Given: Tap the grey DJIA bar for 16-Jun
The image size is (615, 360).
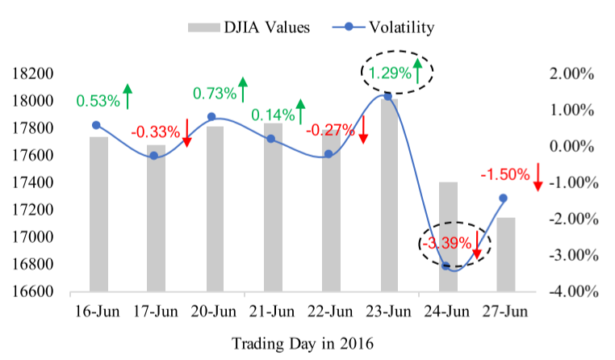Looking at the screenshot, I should (98, 213).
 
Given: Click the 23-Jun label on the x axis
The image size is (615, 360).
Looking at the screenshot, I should (390, 311).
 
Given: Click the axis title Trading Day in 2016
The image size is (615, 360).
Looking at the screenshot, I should (303, 344).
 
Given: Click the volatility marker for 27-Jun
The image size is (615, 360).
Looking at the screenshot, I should (504, 198).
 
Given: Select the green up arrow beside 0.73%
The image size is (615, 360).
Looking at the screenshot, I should (244, 88).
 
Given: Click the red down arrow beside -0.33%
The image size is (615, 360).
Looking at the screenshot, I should (187, 132).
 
